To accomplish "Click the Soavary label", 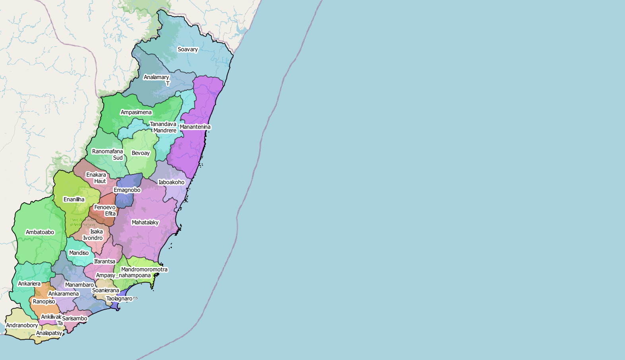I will point(188,50).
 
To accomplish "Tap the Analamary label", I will point(156,77).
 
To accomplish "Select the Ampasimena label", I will point(136,112).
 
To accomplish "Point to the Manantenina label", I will point(195,127).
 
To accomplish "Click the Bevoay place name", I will point(141,153).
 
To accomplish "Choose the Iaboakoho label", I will point(172,182).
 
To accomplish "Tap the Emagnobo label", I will point(127,190).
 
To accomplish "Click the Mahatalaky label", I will point(145,223).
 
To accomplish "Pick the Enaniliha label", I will point(74,199).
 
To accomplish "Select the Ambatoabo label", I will point(40,232).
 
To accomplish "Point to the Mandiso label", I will point(79,253).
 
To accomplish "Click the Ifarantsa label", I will point(104,261).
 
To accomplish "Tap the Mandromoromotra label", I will point(144,269).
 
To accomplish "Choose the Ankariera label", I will point(29,284).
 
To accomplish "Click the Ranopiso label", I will point(44,302).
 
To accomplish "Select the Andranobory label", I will point(22,325).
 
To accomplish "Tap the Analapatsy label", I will point(49,333).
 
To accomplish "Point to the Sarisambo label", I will point(75,319).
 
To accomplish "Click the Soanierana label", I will point(106,290).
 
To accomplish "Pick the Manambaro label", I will point(79,285).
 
